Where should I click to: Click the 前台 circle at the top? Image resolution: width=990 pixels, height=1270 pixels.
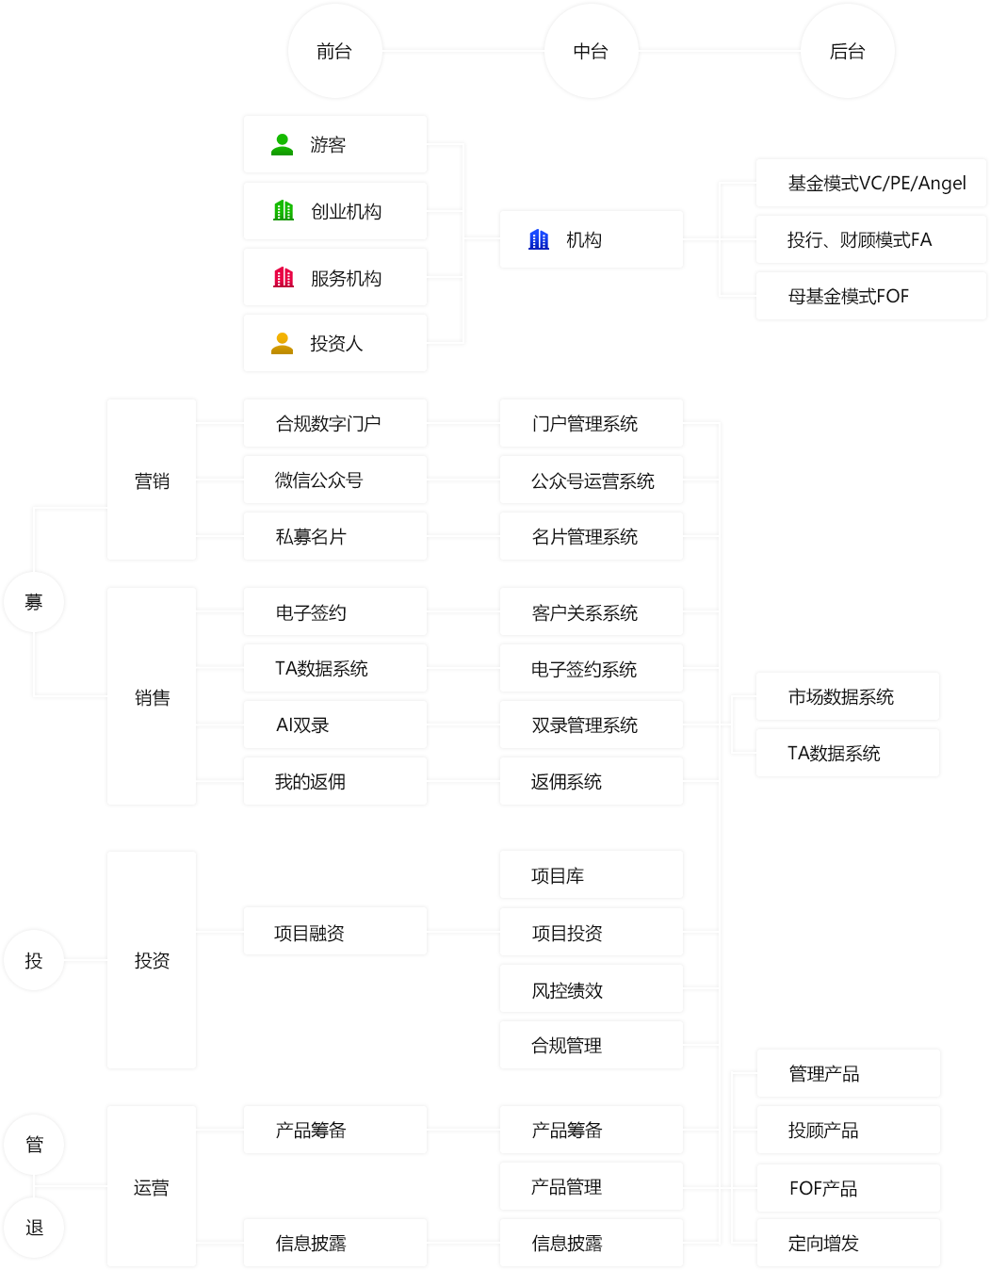(334, 51)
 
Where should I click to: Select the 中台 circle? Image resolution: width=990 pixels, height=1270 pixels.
(591, 51)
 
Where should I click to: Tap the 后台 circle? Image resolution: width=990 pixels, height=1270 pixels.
(847, 51)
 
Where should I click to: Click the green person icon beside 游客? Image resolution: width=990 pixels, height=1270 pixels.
(282, 144)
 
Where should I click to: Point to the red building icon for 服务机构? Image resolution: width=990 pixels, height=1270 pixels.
(283, 277)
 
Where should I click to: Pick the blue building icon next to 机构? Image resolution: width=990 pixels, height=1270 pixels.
(539, 239)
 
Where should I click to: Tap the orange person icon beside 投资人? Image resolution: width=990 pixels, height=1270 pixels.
(282, 343)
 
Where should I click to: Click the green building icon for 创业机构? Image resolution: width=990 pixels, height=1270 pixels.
(283, 210)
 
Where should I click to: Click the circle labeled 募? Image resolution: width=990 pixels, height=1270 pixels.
(34, 601)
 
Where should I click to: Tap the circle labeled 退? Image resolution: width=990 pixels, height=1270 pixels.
(34, 1227)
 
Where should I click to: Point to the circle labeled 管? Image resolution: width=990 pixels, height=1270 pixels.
(34, 1144)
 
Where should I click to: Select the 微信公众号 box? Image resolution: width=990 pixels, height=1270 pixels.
(334, 480)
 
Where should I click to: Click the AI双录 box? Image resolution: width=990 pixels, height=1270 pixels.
(334, 725)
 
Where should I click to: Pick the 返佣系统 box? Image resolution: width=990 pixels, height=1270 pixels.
(591, 781)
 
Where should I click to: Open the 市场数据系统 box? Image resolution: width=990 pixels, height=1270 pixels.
(847, 696)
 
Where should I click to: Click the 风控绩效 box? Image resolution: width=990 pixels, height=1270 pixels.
(591, 989)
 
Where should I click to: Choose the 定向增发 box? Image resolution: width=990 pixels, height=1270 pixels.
(847, 1243)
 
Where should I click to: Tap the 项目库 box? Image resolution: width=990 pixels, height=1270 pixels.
(591, 875)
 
